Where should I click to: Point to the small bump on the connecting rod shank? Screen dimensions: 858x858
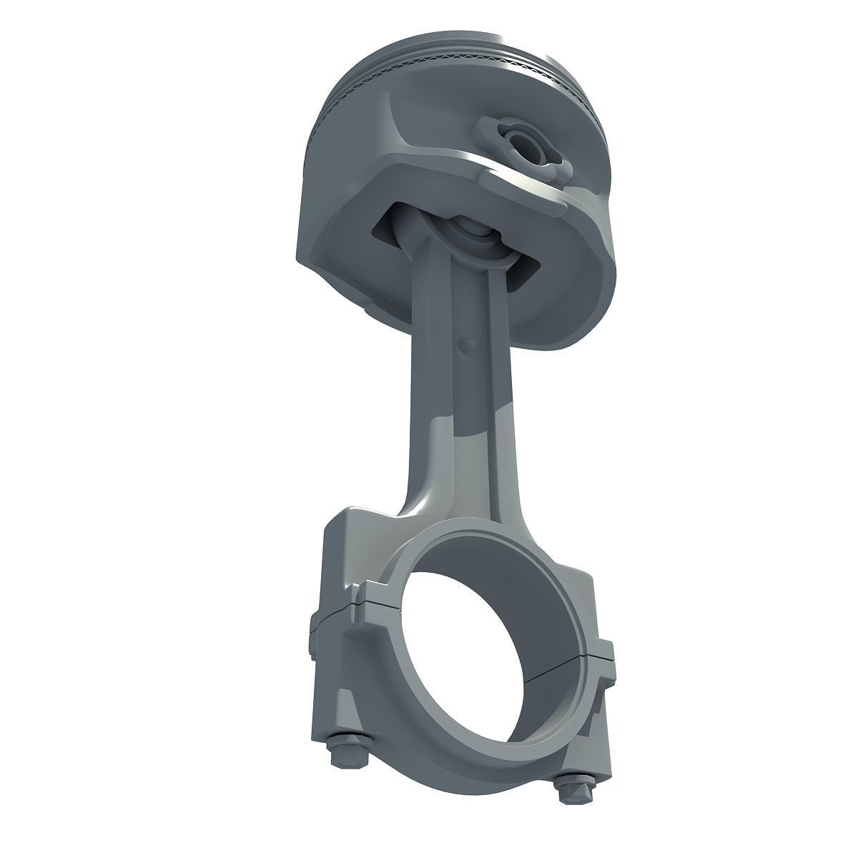[467, 345]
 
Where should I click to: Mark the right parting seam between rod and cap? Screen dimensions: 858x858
[599, 652]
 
